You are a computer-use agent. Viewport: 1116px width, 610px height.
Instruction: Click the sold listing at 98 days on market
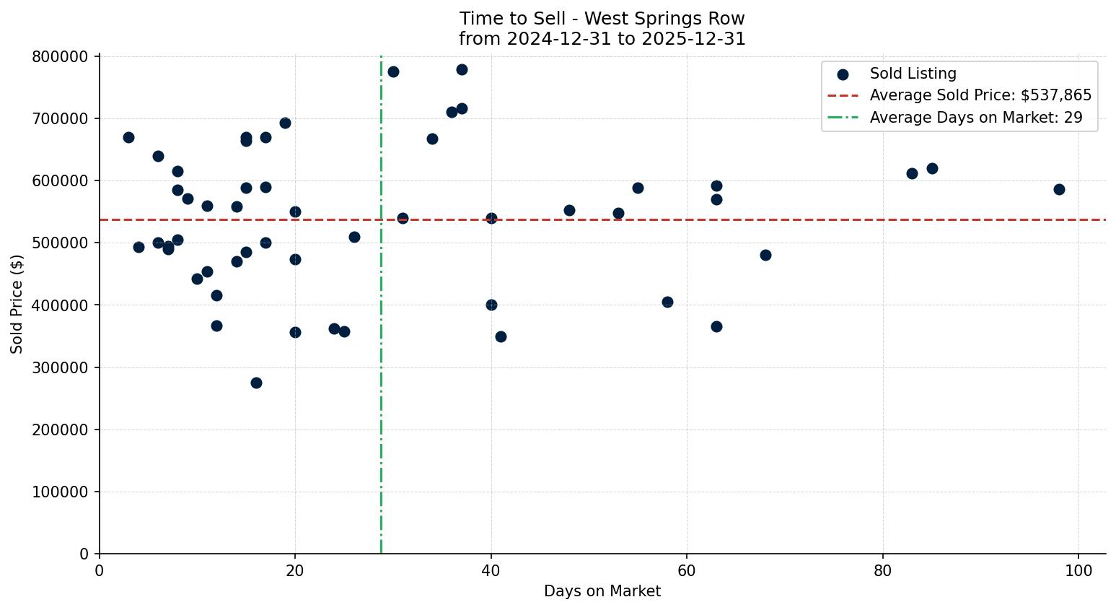[1059, 189]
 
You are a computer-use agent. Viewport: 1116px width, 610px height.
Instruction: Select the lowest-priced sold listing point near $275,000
[256, 383]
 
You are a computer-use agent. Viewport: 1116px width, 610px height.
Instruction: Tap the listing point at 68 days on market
[765, 255]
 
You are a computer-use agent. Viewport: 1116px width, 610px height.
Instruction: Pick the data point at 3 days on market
[128, 137]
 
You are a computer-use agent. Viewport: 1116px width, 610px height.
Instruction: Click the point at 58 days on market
[667, 302]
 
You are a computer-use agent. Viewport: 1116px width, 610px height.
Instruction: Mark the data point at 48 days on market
[569, 210]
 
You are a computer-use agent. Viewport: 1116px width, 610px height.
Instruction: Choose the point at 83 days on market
[912, 173]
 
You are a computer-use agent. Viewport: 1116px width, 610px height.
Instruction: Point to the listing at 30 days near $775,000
[393, 71]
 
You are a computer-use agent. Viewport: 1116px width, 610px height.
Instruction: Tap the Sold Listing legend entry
[913, 74]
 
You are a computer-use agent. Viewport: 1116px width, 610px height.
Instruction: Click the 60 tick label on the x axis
[687, 570]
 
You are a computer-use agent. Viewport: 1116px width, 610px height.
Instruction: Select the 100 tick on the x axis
[1078, 570]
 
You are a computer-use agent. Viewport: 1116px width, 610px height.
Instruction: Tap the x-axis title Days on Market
[602, 591]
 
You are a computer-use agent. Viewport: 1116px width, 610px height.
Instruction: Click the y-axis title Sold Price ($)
[17, 304]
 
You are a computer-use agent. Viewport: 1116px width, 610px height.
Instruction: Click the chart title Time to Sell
[602, 19]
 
